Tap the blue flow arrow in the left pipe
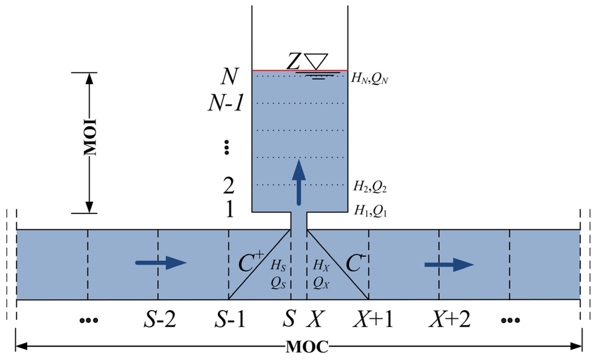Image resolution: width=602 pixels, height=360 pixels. click(161, 263)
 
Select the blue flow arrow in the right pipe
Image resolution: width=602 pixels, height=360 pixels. click(449, 265)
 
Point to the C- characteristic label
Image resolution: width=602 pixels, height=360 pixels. click(354, 263)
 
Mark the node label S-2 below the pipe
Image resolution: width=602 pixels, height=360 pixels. click(159, 320)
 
